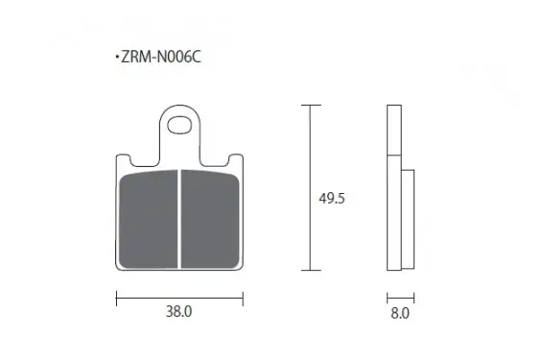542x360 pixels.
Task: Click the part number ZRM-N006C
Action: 161,57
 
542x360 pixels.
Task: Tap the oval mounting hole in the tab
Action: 179,125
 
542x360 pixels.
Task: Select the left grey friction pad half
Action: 149,219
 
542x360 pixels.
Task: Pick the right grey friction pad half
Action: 210,219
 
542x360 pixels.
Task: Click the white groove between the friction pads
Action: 179,219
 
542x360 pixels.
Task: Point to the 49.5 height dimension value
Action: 332,199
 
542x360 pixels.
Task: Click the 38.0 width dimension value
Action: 178,312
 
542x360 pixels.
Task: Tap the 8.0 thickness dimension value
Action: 400,313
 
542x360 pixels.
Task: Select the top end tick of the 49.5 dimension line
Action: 311,105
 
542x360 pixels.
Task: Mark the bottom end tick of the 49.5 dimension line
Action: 311,270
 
